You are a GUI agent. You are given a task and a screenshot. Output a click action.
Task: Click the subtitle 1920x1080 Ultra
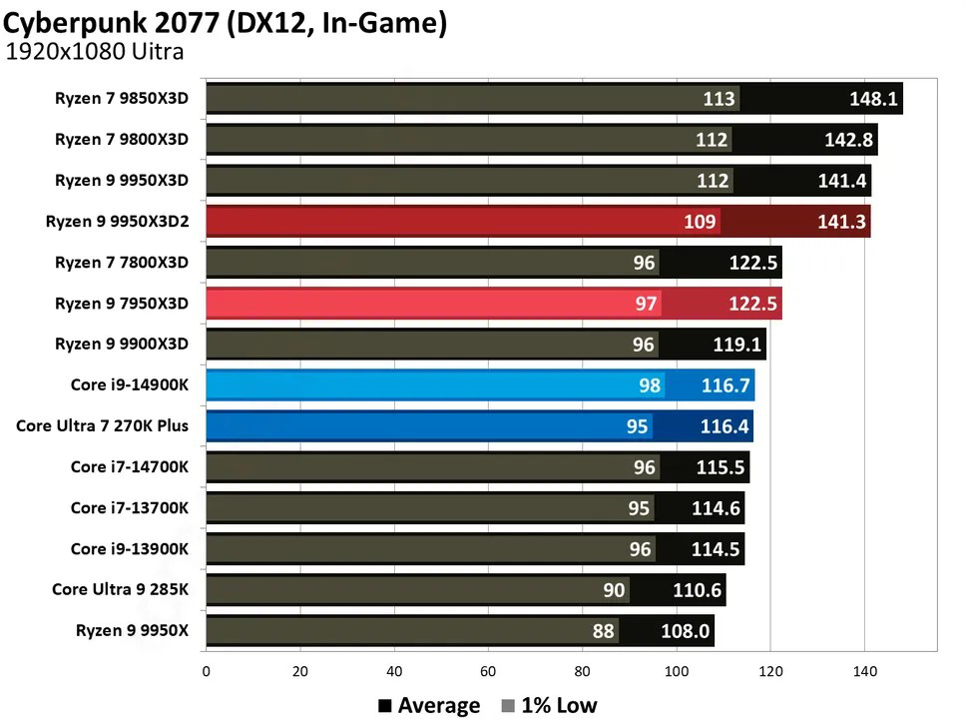(95, 53)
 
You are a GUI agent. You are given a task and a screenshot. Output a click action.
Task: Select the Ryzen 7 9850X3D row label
(122, 99)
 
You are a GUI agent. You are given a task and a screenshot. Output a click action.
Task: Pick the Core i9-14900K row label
(130, 384)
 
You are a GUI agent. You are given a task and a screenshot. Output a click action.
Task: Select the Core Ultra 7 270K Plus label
(102, 425)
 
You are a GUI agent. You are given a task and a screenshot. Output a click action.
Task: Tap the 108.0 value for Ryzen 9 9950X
(686, 631)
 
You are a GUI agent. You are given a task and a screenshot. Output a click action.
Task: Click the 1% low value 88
(604, 631)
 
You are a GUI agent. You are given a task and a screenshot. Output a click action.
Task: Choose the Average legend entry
(429, 705)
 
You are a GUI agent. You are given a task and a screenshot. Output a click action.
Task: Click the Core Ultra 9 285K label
(120, 589)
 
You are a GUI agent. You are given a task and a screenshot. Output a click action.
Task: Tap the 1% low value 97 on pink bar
(646, 304)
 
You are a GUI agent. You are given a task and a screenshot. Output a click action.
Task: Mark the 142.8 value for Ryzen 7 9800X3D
(849, 140)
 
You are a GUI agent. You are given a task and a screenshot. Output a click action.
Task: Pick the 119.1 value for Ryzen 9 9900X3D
(738, 345)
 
